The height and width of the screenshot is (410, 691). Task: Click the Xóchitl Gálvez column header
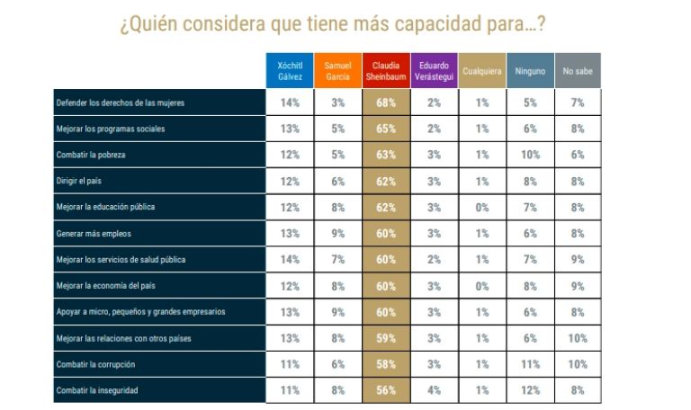tap(290, 71)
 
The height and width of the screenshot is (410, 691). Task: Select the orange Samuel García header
tap(337, 71)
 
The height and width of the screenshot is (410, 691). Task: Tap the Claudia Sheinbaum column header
tap(384, 71)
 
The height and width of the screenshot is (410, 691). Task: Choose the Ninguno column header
tap(530, 71)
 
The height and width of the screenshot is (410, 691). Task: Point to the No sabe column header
tap(577, 71)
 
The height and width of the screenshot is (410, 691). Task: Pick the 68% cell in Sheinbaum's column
tap(385, 102)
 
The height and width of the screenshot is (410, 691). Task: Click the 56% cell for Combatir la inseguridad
tap(385, 390)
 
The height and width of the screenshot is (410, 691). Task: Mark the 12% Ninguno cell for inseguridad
tap(530, 390)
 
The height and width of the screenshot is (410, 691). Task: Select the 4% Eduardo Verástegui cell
tap(433, 390)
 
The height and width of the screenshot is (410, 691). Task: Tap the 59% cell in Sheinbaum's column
tap(385, 338)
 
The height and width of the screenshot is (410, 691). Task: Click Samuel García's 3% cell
tap(337, 102)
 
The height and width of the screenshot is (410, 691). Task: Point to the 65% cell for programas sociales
tap(385, 129)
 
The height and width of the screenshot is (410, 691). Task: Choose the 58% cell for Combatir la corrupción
tap(385, 364)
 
